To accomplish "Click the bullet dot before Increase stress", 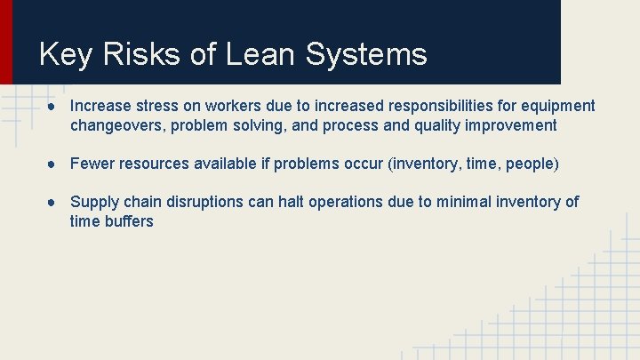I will [x=55, y=107].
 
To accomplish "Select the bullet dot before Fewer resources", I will [x=55, y=164].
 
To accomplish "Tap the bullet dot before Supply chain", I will [x=55, y=203].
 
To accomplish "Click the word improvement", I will [x=513, y=125].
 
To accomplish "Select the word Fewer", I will [x=92, y=164].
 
